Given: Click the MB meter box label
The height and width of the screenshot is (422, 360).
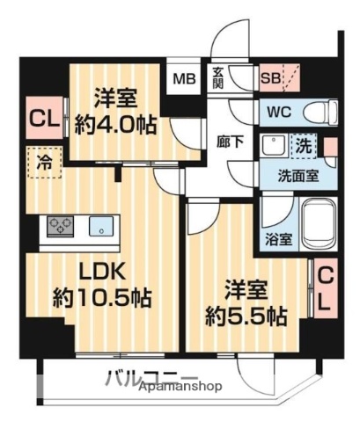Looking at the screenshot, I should coord(185,79).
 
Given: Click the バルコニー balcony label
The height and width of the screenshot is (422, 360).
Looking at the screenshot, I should coord(136,381).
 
